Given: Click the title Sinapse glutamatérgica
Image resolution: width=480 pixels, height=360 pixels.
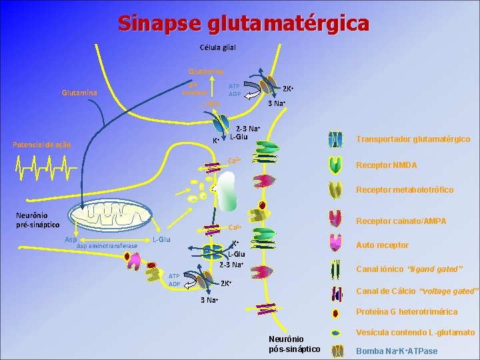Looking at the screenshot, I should coord(243,23).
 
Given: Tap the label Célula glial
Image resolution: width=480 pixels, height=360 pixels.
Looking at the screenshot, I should coord(218,47).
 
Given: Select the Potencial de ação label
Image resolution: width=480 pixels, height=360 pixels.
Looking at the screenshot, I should coord(37,145).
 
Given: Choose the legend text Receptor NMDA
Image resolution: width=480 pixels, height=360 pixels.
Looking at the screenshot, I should coord(387,165).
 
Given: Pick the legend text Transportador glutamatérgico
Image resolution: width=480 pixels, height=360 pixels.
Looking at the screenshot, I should coord(413,139).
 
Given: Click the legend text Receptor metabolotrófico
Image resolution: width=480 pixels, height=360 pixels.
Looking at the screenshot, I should coord(405,190).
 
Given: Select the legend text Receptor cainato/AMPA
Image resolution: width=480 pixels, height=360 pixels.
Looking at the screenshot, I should coord(401,221).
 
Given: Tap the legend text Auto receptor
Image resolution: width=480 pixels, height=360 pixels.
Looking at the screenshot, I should coord(383,245).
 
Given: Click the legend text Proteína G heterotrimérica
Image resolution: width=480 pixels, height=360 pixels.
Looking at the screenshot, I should coord(407,311).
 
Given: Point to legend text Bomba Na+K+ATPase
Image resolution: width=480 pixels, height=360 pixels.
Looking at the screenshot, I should coord(397,351).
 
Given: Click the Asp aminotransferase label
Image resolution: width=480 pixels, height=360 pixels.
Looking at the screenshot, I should coord(107,246).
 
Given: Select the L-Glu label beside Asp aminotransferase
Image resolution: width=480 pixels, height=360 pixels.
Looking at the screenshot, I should coord(162,239).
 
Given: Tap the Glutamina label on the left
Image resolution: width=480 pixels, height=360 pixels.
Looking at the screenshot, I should coord(79,93).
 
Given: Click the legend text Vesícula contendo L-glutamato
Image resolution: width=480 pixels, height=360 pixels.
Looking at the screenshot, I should coord(415,332).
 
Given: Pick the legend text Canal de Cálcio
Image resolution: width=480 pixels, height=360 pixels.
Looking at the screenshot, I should coord(417,291).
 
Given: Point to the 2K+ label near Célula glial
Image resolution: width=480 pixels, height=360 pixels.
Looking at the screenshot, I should coord(289,89).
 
